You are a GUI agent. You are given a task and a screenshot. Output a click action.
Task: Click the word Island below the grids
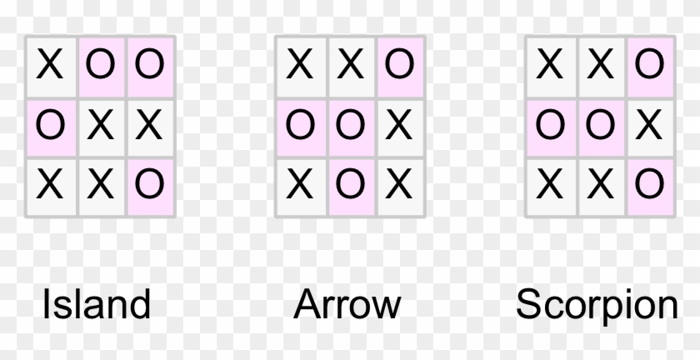coord(97,304)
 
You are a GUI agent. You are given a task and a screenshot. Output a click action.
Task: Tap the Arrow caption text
coord(347,304)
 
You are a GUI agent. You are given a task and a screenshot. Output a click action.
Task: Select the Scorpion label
coord(597,306)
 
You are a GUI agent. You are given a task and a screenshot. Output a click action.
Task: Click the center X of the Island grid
coord(100,126)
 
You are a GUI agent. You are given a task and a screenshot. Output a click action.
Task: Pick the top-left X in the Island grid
coord(49,65)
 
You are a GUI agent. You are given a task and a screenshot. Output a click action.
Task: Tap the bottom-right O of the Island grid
coord(149,183)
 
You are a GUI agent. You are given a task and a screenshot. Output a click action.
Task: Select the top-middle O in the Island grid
coord(100,65)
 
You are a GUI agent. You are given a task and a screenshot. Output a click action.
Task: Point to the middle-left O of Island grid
coord(49,126)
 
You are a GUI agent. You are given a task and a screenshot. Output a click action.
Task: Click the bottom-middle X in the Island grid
coord(100,183)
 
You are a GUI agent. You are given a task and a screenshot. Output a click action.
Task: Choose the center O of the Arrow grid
coord(350,126)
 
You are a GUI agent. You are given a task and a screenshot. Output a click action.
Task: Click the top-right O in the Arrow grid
coord(399,65)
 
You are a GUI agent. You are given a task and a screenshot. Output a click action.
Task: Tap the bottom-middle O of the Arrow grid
coord(350,183)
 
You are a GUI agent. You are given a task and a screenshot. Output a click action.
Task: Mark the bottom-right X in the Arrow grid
coord(399,183)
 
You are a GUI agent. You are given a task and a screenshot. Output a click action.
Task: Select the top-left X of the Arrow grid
coord(299,65)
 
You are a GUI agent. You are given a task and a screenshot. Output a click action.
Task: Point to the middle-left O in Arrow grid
coord(299,126)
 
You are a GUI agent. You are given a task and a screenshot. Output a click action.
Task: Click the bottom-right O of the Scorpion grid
coord(649,183)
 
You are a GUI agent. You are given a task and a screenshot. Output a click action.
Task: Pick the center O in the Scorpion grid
coord(600,126)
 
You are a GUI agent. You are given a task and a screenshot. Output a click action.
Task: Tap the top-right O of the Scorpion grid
coord(649,65)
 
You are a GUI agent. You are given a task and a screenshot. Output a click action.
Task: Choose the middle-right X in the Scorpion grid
coord(649,126)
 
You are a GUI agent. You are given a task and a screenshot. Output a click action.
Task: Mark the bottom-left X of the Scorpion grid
coord(549,183)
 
